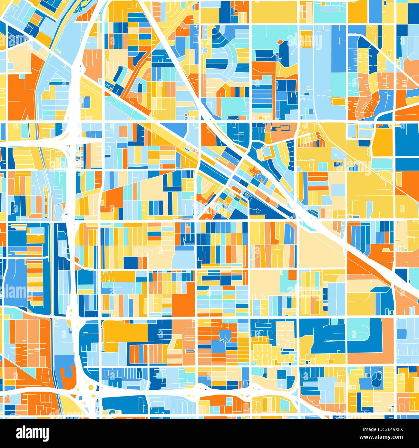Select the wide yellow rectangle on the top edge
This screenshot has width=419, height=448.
[274, 12]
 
